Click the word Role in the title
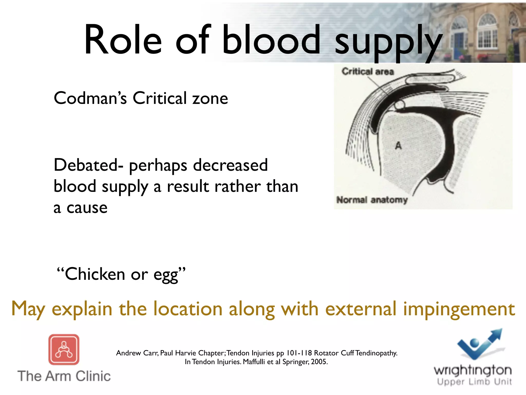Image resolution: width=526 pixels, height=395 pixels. click(x=123, y=40)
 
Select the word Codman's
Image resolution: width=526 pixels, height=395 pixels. click(x=90, y=98)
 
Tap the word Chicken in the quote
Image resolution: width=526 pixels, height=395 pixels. click(x=95, y=274)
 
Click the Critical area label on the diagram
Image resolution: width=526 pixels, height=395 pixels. click(x=368, y=71)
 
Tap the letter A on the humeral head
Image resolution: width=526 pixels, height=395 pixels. click(x=398, y=146)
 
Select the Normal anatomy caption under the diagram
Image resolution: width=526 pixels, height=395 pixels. click(x=372, y=200)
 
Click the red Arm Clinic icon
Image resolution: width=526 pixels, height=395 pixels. click(x=64, y=349)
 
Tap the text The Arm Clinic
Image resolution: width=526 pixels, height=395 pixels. click(x=64, y=376)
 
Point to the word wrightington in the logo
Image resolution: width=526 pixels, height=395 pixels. click(x=473, y=371)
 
